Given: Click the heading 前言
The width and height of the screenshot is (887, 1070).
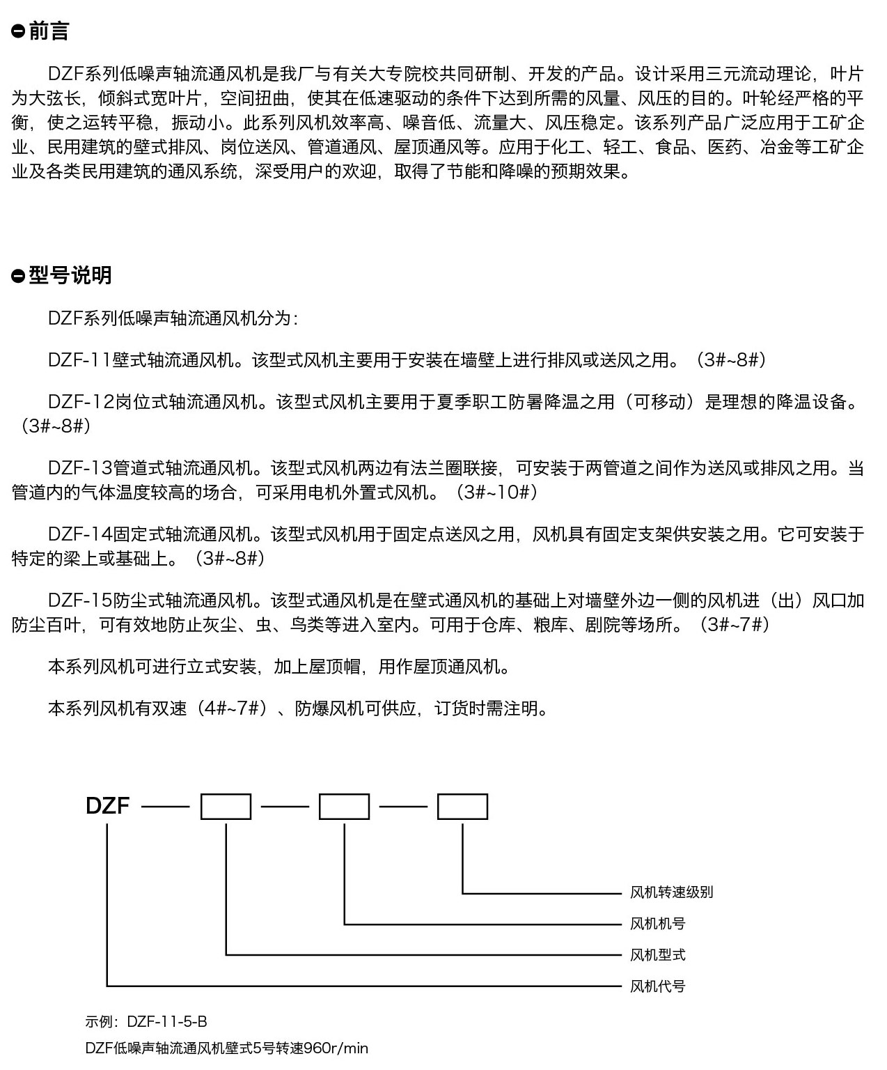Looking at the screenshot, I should [49, 31].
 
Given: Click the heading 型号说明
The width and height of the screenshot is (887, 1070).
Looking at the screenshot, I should [70, 275].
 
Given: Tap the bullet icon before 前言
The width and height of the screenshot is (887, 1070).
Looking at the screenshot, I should [18, 32].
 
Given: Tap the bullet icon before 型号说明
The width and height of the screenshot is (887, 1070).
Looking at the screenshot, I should [18, 276].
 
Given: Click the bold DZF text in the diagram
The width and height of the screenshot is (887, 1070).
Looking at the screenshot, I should [107, 806].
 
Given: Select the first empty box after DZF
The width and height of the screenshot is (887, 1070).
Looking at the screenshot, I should [226, 806].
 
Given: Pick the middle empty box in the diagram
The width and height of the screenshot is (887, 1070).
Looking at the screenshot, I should [344, 806].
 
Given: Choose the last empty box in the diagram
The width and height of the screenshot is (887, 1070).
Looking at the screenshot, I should [462, 806].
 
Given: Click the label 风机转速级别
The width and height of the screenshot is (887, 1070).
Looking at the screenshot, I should [671, 892].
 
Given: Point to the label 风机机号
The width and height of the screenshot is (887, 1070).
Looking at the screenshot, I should [657, 924].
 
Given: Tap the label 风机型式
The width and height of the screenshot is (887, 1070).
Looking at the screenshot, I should [657, 955].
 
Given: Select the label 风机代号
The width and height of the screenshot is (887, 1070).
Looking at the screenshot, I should [657, 986].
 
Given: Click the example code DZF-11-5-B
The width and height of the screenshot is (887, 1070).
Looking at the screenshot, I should [167, 1022].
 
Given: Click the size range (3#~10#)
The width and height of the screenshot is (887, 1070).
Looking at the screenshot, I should [496, 493].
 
